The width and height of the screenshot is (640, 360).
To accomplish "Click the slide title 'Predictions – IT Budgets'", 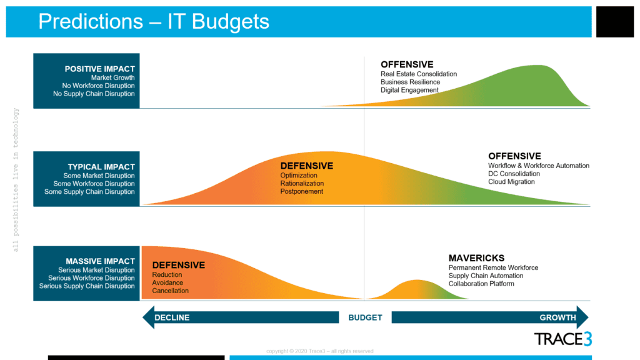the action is pyautogui.click(x=154, y=21).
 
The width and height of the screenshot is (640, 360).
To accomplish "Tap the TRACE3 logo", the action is pyautogui.click(x=563, y=339).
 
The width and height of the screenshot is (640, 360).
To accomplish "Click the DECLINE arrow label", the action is pyautogui.click(x=172, y=317).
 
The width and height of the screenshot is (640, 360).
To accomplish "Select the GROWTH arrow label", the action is pyautogui.click(x=557, y=317).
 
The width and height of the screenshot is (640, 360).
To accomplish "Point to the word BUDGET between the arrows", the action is pyautogui.click(x=365, y=317).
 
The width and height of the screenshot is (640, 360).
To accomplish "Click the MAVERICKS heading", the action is pyautogui.click(x=476, y=258).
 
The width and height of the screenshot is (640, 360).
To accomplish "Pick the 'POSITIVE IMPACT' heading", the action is pyautogui.click(x=99, y=69).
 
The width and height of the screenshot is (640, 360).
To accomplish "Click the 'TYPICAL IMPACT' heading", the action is pyautogui.click(x=101, y=167).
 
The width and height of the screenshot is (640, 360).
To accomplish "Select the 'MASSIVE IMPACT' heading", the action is pyautogui.click(x=100, y=261).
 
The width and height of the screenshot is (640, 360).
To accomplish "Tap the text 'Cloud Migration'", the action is pyautogui.click(x=511, y=182).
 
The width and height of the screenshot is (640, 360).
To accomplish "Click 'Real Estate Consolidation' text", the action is pyautogui.click(x=419, y=74).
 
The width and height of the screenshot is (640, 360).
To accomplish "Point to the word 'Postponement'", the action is pyautogui.click(x=302, y=191).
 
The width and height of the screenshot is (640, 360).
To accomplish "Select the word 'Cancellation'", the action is pyautogui.click(x=170, y=291).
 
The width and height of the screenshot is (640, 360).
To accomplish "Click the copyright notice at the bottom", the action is pyautogui.click(x=319, y=351).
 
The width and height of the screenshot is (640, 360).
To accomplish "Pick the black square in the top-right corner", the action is pyautogui.click(x=615, y=22).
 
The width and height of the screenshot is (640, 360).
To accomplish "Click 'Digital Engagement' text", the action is pyautogui.click(x=409, y=90).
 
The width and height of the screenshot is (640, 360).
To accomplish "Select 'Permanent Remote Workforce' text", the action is pyautogui.click(x=493, y=267).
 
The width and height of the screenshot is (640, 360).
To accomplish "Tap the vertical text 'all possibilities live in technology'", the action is pyautogui.click(x=16, y=179).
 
